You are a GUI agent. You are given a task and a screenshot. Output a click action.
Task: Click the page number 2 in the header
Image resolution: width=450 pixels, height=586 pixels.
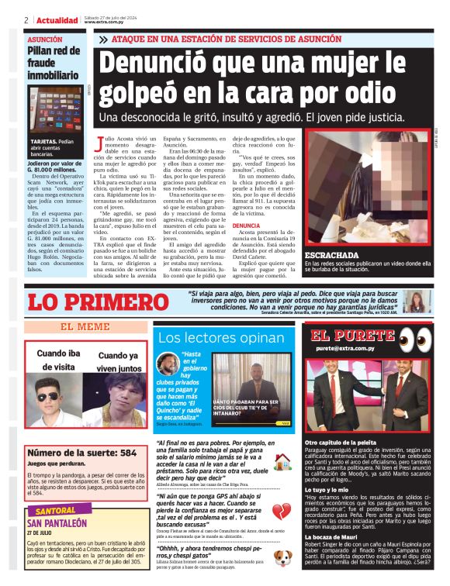coord(27,20)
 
